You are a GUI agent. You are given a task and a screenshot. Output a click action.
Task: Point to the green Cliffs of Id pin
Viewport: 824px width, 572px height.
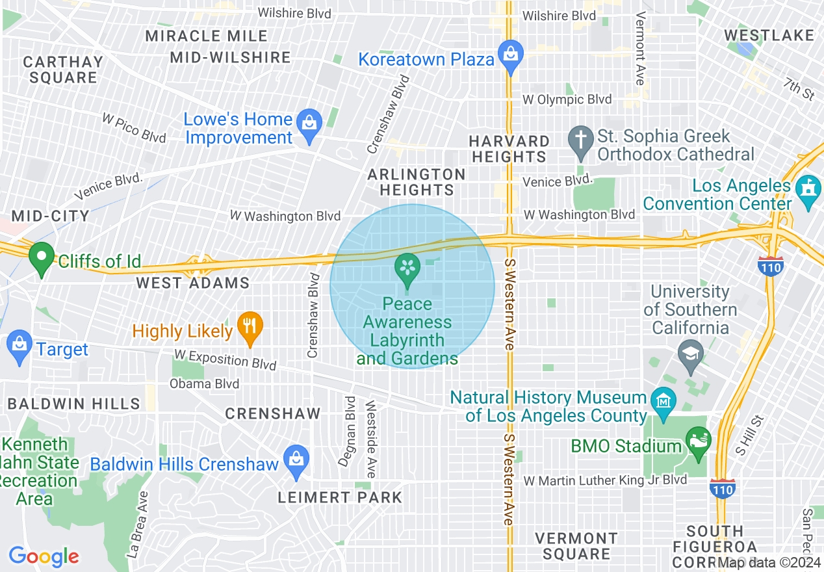click(x=42, y=257)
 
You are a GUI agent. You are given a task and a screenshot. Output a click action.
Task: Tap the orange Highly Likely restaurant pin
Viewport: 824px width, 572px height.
click(x=250, y=326)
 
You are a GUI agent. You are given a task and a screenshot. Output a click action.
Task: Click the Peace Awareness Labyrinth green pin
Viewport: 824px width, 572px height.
click(x=408, y=268)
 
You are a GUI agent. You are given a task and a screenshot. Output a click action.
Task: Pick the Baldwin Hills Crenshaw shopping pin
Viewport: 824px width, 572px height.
click(x=296, y=460)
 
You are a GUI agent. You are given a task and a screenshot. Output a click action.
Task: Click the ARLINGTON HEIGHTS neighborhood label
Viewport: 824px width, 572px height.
click(x=417, y=182)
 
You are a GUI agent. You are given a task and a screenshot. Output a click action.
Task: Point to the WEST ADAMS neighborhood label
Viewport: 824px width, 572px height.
click(x=192, y=283)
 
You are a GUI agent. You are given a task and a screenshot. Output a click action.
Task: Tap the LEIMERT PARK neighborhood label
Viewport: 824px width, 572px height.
click(x=339, y=498)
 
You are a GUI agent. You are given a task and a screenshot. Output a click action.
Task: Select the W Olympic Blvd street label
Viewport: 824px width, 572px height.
click(x=567, y=99)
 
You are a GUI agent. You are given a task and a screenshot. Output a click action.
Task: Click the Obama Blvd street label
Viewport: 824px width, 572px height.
click(x=204, y=383)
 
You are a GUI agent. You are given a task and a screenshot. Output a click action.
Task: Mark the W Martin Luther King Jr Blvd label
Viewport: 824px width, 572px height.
click(x=605, y=480)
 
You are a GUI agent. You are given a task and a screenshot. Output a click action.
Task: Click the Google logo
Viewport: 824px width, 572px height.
click(x=44, y=556)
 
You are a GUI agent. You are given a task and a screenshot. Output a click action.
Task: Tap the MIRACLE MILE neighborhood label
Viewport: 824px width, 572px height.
click(x=206, y=36)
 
